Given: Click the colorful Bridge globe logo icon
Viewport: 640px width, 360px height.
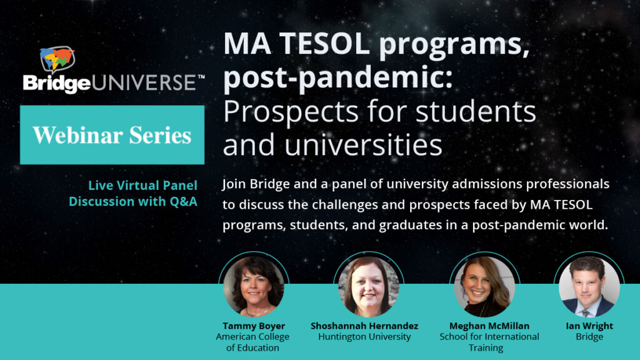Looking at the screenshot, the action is (x=57, y=59).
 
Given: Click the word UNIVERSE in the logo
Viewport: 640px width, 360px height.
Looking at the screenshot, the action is (x=144, y=83).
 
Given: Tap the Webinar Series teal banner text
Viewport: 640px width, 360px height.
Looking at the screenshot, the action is (x=112, y=135).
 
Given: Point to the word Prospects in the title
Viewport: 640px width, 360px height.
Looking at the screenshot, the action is (x=291, y=112).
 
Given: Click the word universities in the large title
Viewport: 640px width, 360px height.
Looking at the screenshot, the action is (x=363, y=144).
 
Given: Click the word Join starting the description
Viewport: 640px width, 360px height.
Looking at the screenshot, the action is (x=234, y=184).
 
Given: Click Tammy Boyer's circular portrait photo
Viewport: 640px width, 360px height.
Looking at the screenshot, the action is (x=254, y=286).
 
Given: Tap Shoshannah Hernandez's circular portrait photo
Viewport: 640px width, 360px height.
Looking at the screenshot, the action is (x=369, y=286).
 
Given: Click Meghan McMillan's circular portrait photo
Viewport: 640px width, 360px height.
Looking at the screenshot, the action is (x=484, y=286).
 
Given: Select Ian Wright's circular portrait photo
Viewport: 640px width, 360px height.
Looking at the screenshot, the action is (x=589, y=286).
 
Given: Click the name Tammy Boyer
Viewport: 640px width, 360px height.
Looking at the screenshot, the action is (x=254, y=326).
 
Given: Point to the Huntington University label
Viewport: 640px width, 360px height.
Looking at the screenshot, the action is (x=364, y=337).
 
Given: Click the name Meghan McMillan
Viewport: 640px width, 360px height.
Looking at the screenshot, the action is (x=489, y=326).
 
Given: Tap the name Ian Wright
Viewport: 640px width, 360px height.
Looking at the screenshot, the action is (x=589, y=326).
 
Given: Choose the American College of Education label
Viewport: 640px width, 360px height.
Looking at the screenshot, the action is (x=252, y=342).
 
